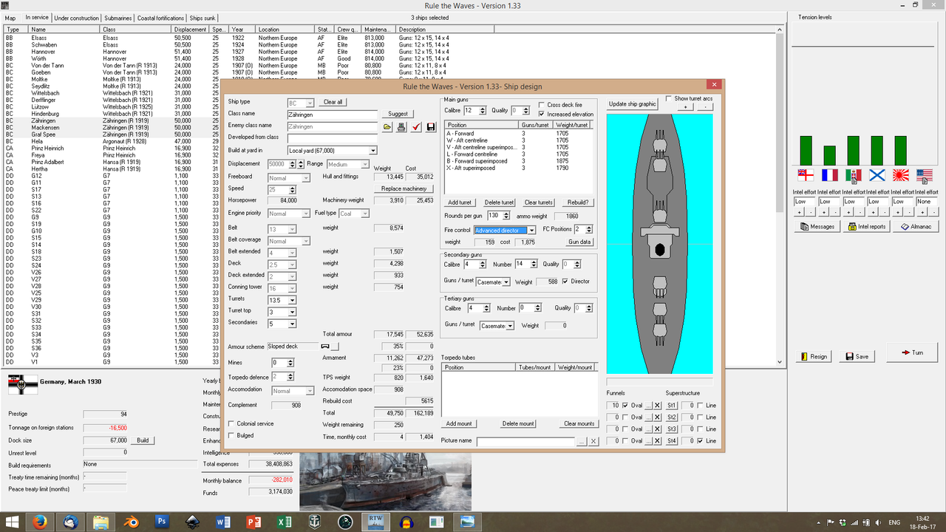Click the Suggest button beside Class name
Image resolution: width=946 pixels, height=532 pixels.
tap(398, 114)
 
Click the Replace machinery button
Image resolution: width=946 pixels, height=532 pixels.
tap(404, 188)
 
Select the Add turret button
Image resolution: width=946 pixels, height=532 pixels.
tap(460, 202)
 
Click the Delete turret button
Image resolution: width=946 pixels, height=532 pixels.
tap(499, 202)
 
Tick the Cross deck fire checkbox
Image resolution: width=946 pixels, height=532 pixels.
tap(542, 105)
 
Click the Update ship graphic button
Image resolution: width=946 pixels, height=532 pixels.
tap(633, 104)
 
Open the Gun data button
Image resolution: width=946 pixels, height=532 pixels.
tap(579, 242)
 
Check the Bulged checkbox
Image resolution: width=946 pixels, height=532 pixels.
tap(231, 435)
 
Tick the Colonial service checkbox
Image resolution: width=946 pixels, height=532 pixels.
tap(231, 423)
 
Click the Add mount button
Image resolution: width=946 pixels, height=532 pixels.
tap(459, 423)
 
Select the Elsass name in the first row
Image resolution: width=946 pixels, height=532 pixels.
tap(39, 38)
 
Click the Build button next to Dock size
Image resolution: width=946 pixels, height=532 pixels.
tap(143, 440)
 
